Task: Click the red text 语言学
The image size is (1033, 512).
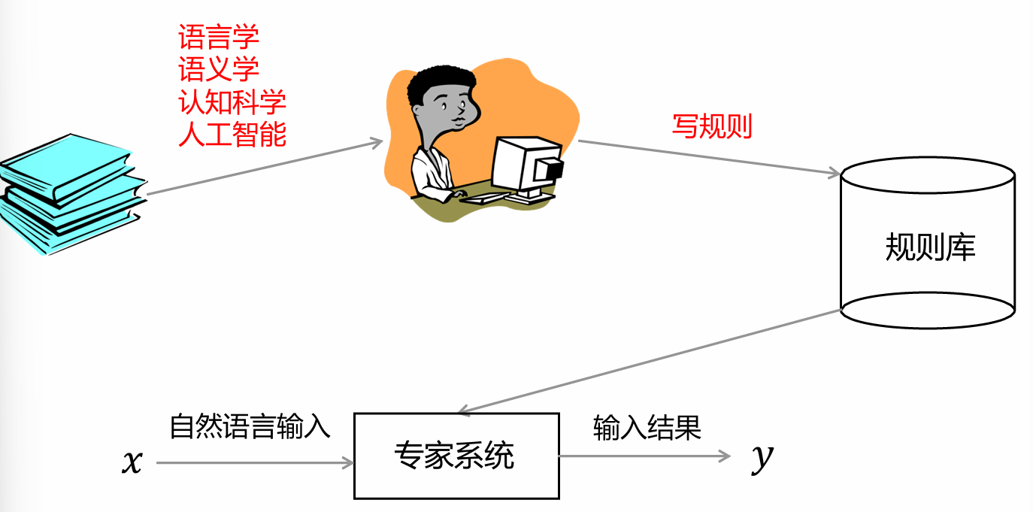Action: point(219,37)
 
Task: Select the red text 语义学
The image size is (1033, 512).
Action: point(219,70)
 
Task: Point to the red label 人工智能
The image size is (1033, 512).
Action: point(232,135)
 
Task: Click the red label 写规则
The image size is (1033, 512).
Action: point(711,126)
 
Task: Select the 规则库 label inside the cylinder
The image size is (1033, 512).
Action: point(930,247)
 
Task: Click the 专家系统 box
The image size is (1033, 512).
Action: point(456,456)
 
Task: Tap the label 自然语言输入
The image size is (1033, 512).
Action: point(250,426)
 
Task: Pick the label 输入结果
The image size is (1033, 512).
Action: point(647,426)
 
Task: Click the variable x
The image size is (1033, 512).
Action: point(132,462)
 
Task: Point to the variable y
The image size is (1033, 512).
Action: point(762,457)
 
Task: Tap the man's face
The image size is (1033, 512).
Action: point(454,113)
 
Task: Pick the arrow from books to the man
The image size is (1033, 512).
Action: point(263,167)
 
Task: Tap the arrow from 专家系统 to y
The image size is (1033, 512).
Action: point(644,456)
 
